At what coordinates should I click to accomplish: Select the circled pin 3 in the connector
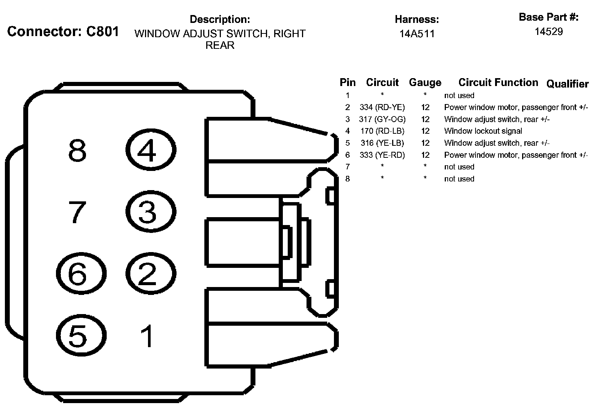151,212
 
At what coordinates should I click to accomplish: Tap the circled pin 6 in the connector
81,273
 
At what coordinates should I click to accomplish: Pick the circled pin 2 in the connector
151,273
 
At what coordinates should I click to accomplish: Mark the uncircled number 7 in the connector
77,212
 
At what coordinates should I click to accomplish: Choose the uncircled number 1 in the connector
147,336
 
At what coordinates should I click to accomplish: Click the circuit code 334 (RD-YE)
382,107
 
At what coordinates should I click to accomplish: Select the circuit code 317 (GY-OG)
382,119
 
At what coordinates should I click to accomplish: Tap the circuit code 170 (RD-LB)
382,131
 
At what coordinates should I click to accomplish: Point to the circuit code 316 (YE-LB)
382,143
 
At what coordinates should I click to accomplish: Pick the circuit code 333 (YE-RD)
382,155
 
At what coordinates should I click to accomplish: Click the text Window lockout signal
483,131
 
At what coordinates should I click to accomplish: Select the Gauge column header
425,83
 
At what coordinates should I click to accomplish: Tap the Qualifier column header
567,84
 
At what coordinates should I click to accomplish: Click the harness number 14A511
417,34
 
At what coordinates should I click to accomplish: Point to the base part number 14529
549,32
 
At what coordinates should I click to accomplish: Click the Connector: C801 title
63,32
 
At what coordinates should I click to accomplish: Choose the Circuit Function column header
498,83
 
